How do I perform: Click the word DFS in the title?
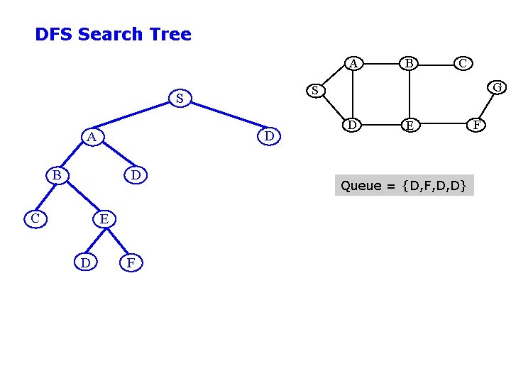pos(54,34)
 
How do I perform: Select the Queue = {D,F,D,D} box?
pos(403,186)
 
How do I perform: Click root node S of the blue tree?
pos(180,99)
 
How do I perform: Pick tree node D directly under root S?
pos(269,135)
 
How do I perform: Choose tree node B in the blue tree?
pos(56,174)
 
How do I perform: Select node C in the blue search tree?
pos(35,218)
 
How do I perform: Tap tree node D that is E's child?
pos(85,263)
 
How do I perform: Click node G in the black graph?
pos(498,87)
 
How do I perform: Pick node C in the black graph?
pos(462,63)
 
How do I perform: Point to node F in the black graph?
pos(478,126)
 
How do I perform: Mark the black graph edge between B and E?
pos(410,94)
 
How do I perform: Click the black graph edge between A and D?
pos(352,94)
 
